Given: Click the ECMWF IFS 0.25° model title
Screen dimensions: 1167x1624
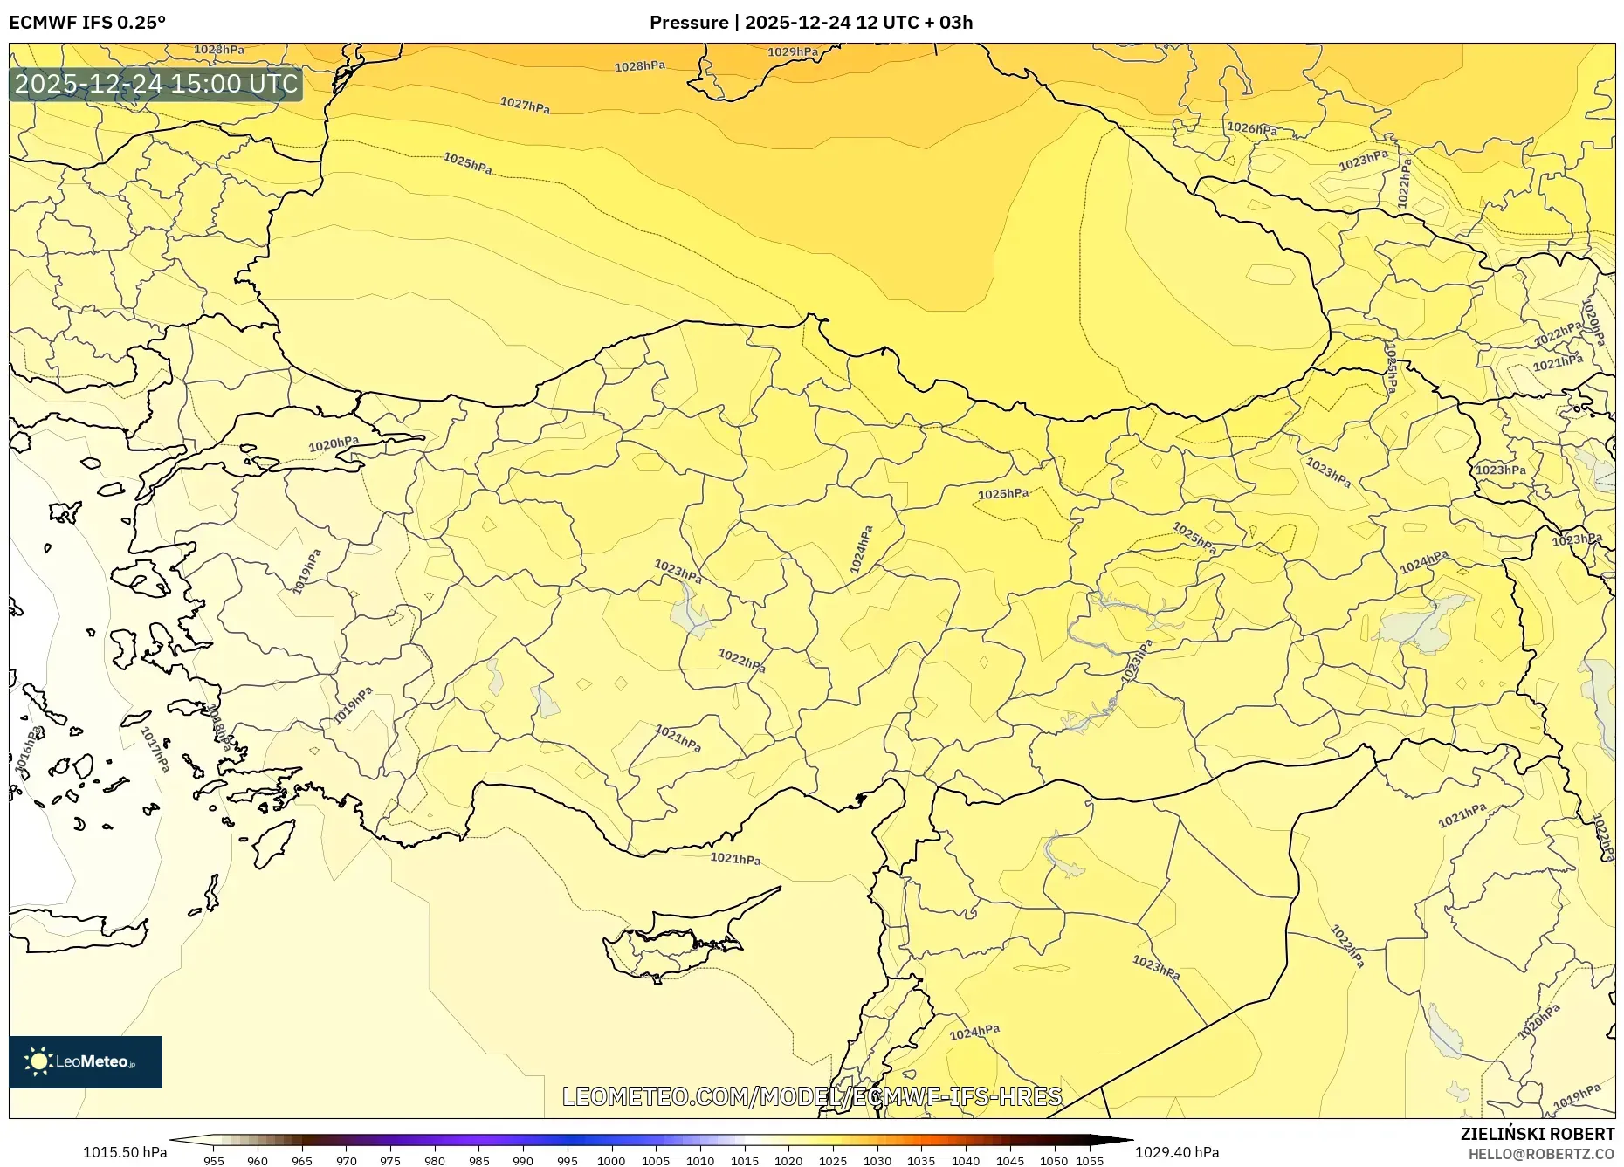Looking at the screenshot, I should click(86, 23).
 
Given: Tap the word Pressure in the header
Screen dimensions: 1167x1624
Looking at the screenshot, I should click(688, 23).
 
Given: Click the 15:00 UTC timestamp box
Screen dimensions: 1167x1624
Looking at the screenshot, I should click(156, 84).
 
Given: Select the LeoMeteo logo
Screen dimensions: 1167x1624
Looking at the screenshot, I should click(86, 1061).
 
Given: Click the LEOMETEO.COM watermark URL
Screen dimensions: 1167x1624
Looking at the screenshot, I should click(812, 1096).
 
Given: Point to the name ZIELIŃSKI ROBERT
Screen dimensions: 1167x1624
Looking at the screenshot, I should click(1537, 1134).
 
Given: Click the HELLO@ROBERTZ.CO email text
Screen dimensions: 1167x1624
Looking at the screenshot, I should click(1541, 1154).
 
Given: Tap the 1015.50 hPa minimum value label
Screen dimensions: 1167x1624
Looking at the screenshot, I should click(125, 1152).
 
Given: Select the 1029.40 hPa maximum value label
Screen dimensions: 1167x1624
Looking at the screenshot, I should click(1177, 1152).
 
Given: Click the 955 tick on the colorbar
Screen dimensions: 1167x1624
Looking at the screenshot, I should click(214, 1161).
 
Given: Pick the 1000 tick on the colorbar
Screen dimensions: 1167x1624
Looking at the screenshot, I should click(611, 1161).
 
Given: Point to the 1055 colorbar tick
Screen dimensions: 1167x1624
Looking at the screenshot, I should click(1089, 1161).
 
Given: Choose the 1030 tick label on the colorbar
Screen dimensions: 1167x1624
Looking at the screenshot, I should click(877, 1161).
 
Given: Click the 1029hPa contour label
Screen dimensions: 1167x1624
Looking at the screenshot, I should click(793, 52).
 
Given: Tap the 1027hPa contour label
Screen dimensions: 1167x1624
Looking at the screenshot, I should click(525, 106).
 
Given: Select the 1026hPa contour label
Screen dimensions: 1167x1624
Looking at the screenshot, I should click(1252, 128).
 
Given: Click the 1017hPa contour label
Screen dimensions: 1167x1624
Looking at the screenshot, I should click(155, 749).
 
